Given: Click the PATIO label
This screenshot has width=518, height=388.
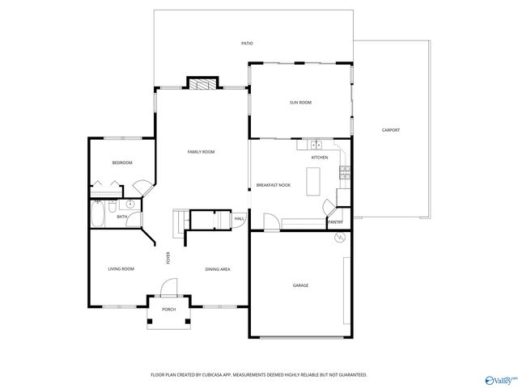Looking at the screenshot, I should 247,43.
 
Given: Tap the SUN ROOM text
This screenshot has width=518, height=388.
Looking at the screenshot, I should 301,103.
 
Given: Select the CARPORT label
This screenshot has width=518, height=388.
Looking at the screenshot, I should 392,130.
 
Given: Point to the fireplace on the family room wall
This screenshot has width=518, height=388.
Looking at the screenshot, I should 203,83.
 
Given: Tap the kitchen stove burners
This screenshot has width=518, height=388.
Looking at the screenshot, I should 343,171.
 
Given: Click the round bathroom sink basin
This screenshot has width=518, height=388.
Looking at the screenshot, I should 129,205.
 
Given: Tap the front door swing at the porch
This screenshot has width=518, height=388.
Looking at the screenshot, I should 168,287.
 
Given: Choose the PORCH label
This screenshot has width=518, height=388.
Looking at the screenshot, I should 168,310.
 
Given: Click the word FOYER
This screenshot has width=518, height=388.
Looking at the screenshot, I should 168,258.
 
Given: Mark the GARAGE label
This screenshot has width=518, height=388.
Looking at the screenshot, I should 300,285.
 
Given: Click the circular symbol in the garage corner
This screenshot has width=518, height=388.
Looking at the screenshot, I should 340,238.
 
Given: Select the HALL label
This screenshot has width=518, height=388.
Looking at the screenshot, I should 240,219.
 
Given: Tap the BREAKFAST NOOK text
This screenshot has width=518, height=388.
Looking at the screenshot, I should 273,185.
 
